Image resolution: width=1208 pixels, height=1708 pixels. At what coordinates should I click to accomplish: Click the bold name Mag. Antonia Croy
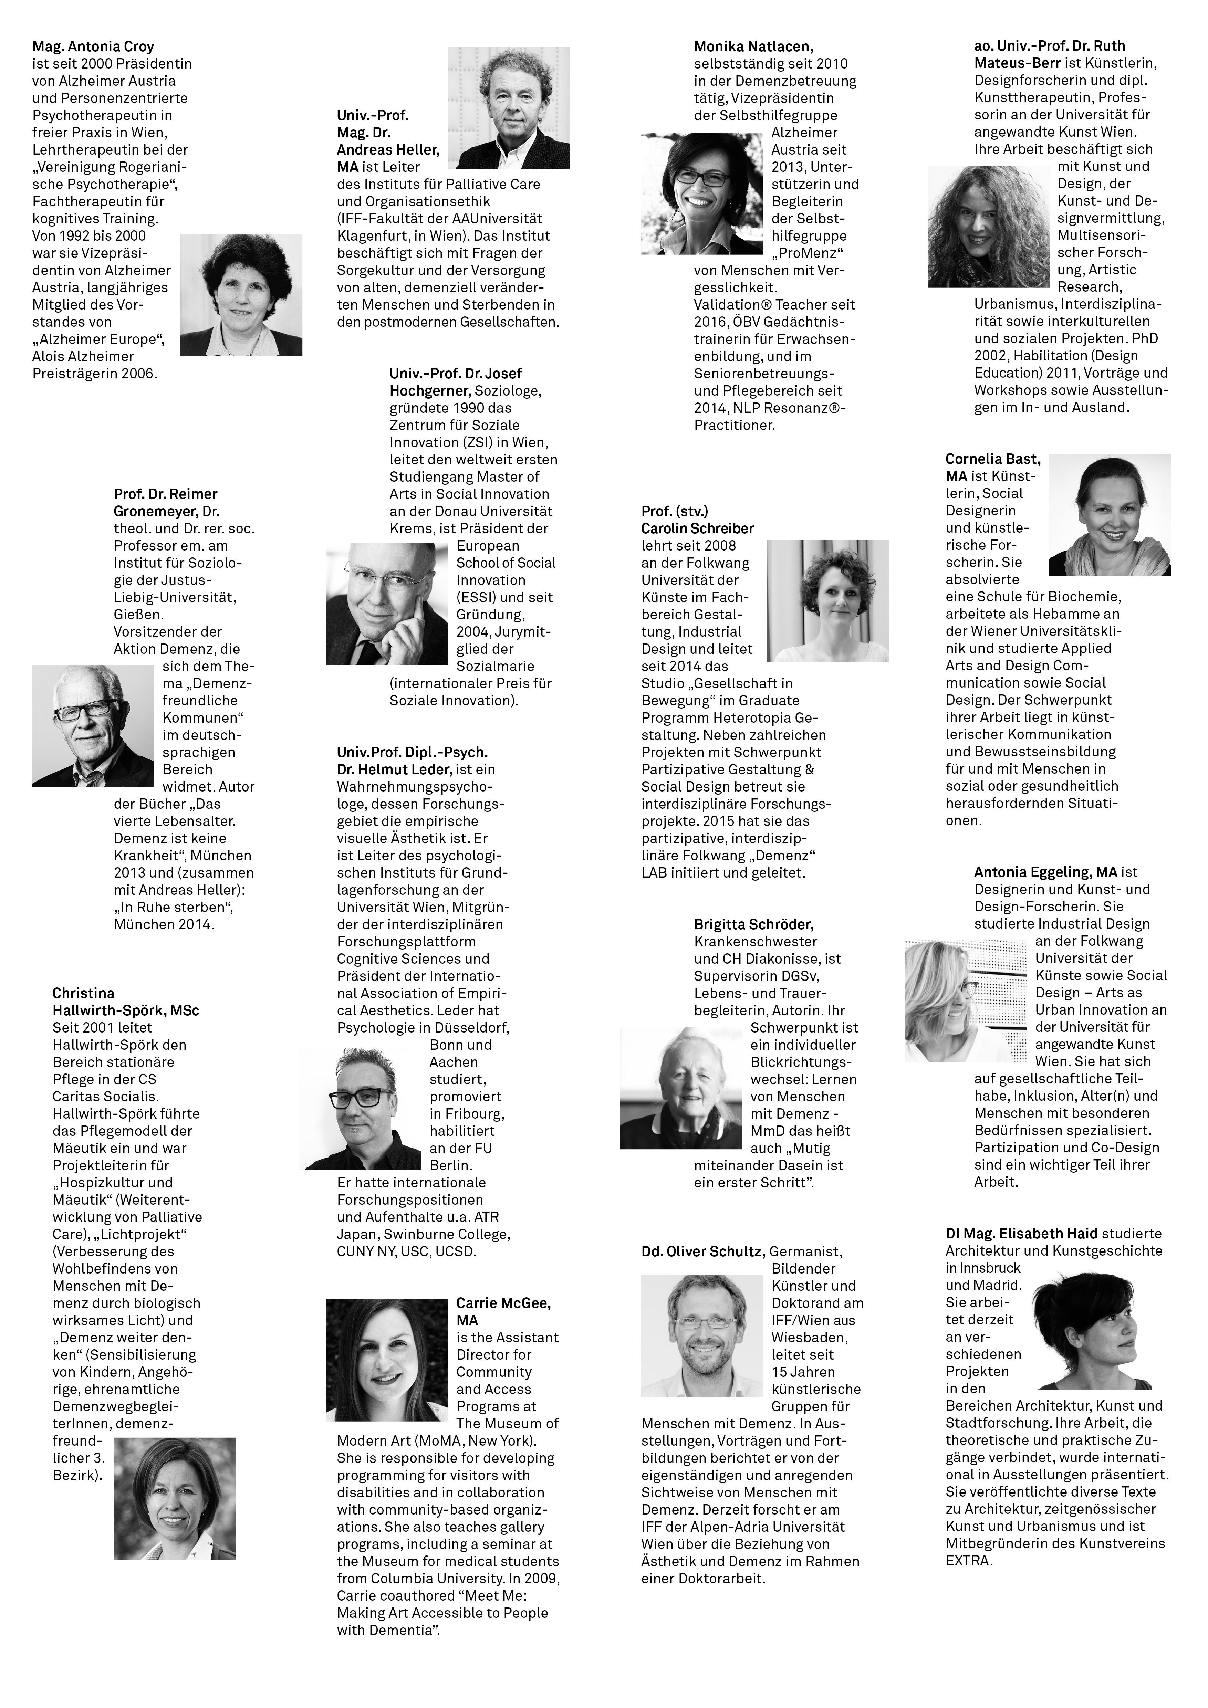point(93,46)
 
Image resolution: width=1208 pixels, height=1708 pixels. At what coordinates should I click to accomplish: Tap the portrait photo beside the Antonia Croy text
point(241,295)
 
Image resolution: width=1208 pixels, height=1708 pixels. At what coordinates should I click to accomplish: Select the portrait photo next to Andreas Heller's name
point(509,108)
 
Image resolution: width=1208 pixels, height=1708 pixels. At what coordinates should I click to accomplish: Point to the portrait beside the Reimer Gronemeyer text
point(93,725)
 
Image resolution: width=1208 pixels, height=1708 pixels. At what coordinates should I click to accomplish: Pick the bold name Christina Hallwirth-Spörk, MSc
point(125,1001)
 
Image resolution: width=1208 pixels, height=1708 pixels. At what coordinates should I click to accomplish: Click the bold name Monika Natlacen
point(753,46)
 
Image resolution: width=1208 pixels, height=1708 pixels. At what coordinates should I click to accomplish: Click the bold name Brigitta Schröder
point(753,924)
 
